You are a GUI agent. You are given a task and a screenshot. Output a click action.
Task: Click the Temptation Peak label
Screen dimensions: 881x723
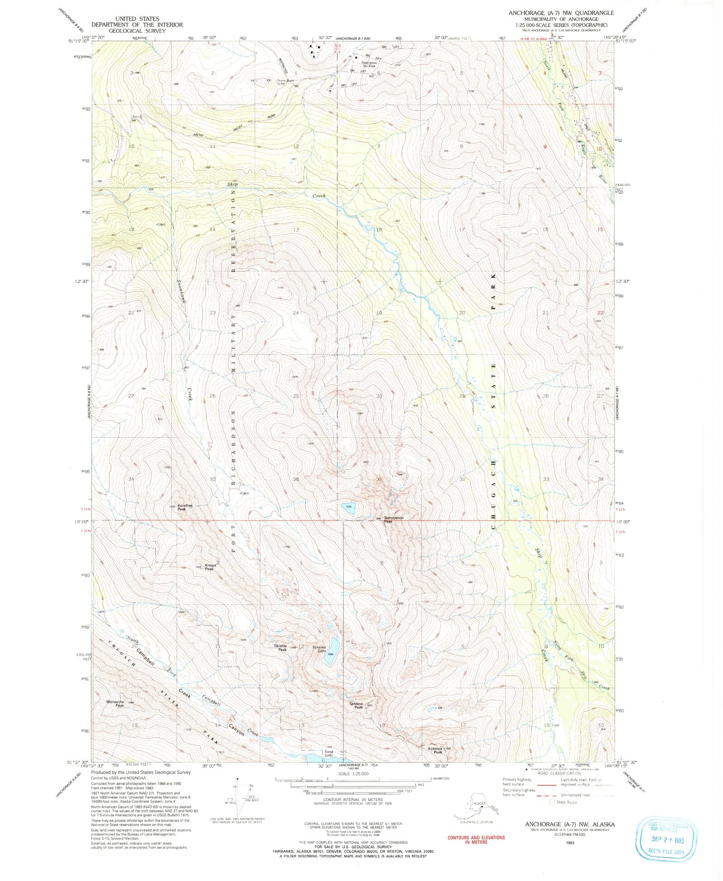(394, 519)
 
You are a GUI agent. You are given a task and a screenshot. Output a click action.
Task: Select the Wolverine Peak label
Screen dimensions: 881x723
(115, 704)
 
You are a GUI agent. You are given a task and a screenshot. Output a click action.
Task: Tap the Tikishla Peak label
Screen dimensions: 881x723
(280, 648)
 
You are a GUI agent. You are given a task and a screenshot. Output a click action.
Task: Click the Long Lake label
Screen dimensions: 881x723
(329, 753)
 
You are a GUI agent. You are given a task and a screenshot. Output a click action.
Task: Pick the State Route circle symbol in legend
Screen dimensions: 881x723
(551, 802)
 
